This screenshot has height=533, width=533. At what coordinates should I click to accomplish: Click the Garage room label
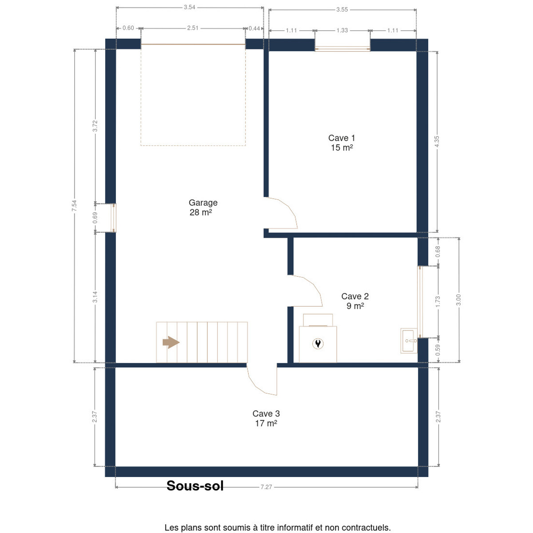pyautogui.click(x=203, y=207)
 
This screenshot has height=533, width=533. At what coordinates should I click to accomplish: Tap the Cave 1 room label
pyautogui.click(x=341, y=143)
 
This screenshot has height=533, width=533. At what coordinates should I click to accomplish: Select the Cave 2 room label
pyautogui.click(x=355, y=301)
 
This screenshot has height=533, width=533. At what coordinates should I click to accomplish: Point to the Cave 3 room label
pyautogui.click(x=266, y=418)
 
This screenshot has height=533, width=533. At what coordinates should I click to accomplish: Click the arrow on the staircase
pyautogui.click(x=171, y=342)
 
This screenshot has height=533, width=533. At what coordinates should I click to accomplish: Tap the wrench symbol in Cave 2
pyautogui.click(x=318, y=343)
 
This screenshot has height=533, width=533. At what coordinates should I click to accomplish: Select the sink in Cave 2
pyautogui.click(x=409, y=341)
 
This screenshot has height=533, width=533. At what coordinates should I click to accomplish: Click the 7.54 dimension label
pyautogui.click(x=74, y=206)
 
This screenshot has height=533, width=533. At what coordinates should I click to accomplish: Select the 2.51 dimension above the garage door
pyautogui.click(x=192, y=28)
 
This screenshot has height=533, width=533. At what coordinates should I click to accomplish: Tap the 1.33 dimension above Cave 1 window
pyautogui.click(x=342, y=31)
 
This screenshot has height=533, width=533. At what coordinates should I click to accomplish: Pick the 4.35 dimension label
pyautogui.click(x=437, y=142)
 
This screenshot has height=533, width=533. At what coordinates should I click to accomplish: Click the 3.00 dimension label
pyautogui.click(x=458, y=300)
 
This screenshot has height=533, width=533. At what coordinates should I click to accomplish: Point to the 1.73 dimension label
pyautogui.click(x=438, y=302)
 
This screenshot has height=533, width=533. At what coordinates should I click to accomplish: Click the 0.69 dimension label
pyautogui.click(x=95, y=218)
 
